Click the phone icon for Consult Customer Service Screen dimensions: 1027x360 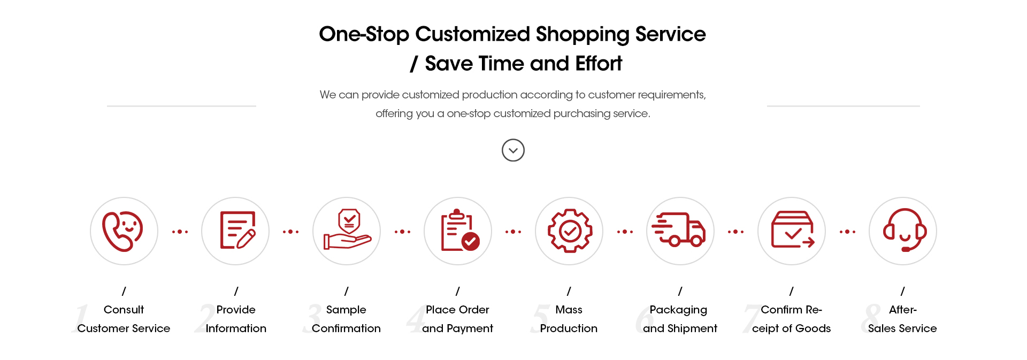click(122, 231)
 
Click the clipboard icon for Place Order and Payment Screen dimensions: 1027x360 click(459, 230)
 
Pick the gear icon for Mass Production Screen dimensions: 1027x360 click(570, 231)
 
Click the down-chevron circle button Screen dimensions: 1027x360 click(513, 150)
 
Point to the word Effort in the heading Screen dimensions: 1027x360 click(599, 64)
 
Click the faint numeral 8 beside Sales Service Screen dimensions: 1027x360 click(871, 318)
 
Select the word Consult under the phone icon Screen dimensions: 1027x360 click(124, 310)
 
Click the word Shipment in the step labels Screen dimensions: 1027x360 click(692, 328)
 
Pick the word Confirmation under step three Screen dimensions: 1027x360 click(346, 328)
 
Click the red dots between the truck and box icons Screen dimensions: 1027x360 click(735, 232)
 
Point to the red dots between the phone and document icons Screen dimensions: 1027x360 click(180, 232)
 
